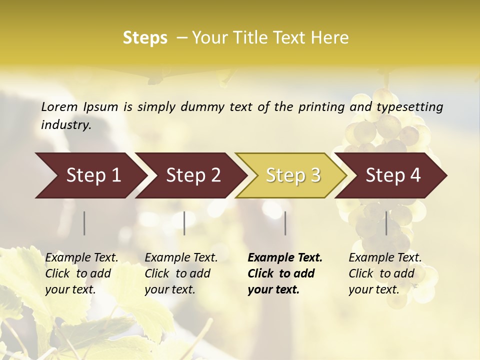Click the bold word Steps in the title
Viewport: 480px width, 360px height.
pyautogui.click(x=145, y=38)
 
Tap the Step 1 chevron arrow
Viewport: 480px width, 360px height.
pyautogui.click(x=90, y=175)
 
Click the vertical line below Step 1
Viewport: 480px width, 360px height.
pyautogui.click(x=84, y=223)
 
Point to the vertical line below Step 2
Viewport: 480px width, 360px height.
pyautogui.click(x=184, y=223)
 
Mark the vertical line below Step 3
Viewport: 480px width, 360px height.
pyautogui.click(x=285, y=223)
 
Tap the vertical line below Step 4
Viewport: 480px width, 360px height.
pyautogui.click(x=386, y=223)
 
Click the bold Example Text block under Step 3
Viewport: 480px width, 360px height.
pyautogui.click(x=284, y=273)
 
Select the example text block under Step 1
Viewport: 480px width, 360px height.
pyautogui.click(x=81, y=273)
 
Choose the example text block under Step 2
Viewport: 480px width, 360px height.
pyautogui.click(x=181, y=273)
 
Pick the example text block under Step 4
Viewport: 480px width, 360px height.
pyautogui.click(x=384, y=273)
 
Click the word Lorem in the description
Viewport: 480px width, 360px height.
pyautogui.click(x=59, y=106)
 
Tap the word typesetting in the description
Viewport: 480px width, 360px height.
pyautogui.click(x=409, y=106)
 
